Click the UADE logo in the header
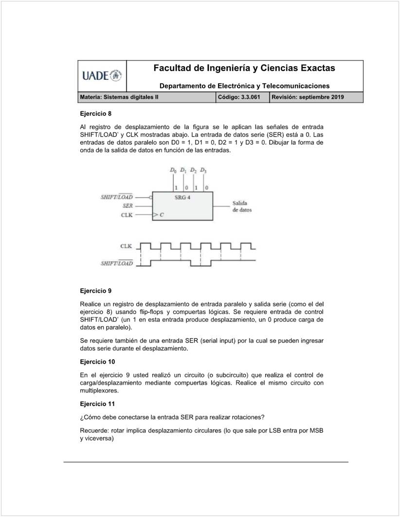(102, 75)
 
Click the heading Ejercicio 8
(95, 113)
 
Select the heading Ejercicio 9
(95, 291)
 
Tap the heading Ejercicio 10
(97, 362)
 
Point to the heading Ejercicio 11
(97, 404)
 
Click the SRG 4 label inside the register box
(183, 197)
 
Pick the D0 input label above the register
(173, 170)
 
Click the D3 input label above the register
(203, 170)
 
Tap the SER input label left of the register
(127, 206)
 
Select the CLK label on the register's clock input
(127, 214)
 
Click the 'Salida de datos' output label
(242, 206)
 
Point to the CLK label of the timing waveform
(126, 246)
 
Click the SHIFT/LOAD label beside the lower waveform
(116, 263)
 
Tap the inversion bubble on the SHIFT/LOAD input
(151, 197)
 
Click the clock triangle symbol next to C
(155, 214)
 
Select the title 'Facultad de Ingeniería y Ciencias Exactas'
(244, 68)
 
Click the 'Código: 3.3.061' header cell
(239, 97)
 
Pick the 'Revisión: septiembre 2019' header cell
(307, 97)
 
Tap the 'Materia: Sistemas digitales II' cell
(119, 97)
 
